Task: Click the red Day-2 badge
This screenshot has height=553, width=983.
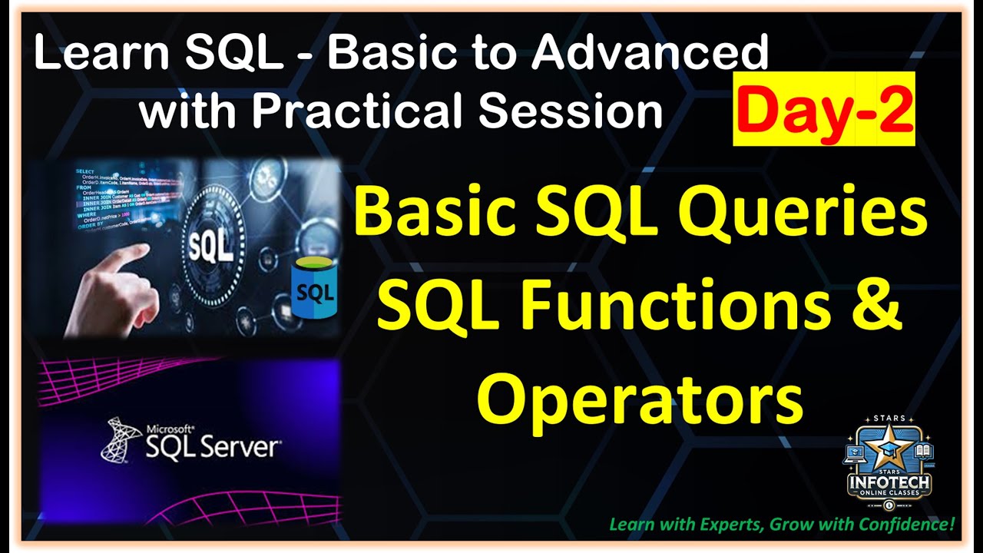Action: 823,109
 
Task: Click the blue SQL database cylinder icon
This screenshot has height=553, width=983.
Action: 313,290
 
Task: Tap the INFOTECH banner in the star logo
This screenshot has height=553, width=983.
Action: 889,482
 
